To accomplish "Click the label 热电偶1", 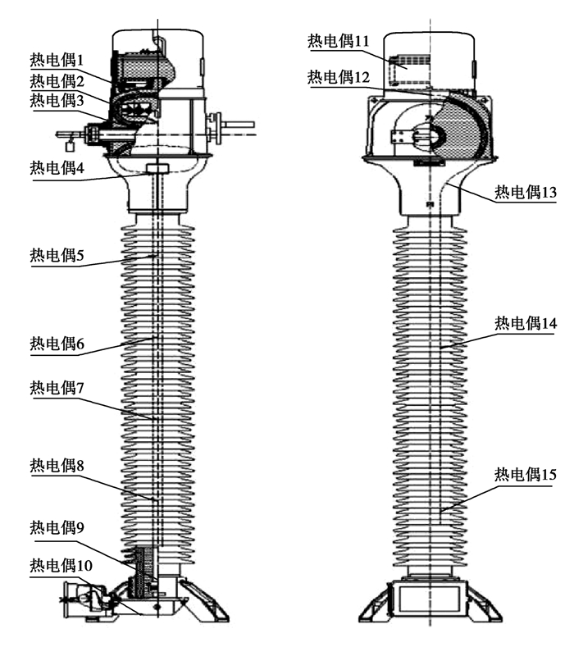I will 57,59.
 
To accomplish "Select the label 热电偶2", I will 57,80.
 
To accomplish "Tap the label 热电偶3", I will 57,100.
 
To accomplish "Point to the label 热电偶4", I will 57,168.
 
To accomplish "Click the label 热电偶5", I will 57,255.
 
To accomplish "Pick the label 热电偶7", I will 57,386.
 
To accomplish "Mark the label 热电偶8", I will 57,465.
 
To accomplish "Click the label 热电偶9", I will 57,526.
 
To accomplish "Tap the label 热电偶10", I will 61,564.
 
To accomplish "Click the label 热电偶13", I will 525,192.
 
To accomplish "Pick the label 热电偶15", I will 525,474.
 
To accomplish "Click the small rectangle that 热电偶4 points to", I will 156,169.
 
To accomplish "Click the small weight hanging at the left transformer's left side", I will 70,147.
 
